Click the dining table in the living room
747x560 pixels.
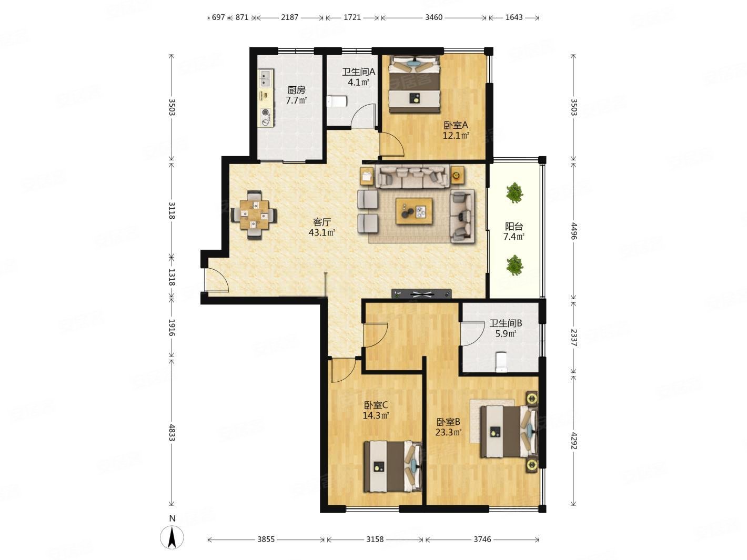[254, 215]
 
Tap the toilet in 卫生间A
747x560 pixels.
[337, 101]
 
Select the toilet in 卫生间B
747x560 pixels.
[501, 362]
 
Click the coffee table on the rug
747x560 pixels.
[414, 211]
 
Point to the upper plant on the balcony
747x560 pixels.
[514, 192]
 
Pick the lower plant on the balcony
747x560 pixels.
[514, 265]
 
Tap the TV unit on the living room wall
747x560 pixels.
[421, 293]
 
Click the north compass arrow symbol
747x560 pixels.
[172, 537]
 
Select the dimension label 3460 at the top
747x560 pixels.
[433, 17]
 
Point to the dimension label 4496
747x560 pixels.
[574, 231]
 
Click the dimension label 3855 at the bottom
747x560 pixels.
[266, 539]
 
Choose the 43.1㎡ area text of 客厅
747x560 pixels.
[322, 232]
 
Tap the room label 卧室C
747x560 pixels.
[376, 405]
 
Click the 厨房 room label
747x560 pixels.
[296, 90]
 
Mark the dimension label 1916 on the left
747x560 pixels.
[171, 328]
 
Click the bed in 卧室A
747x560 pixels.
[415, 84]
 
